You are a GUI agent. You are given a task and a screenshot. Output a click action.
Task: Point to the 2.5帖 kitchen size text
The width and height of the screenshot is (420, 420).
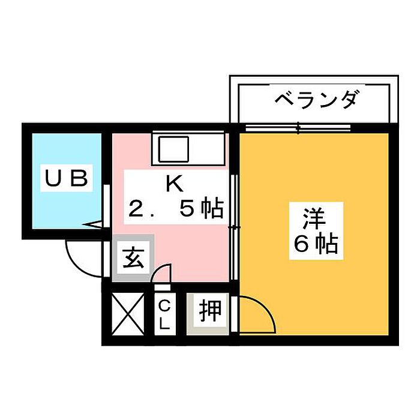(175, 209)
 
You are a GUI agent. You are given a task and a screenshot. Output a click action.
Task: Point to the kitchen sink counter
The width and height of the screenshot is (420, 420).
(188, 148)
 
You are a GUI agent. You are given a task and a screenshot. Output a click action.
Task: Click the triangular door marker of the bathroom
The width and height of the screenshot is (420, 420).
(95, 226)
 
